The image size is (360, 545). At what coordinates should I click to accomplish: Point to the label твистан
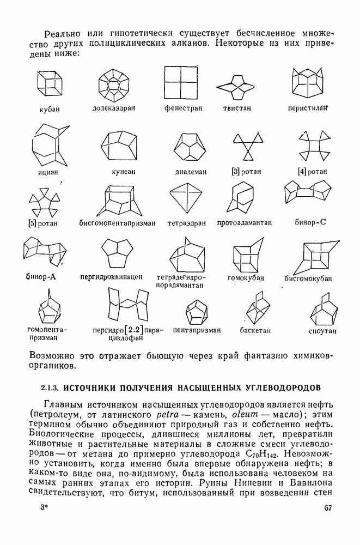click(x=236, y=108)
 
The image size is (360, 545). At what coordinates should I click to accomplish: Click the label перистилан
click(x=308, y=108)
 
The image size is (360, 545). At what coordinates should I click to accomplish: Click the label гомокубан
click(x=246, y=277)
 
